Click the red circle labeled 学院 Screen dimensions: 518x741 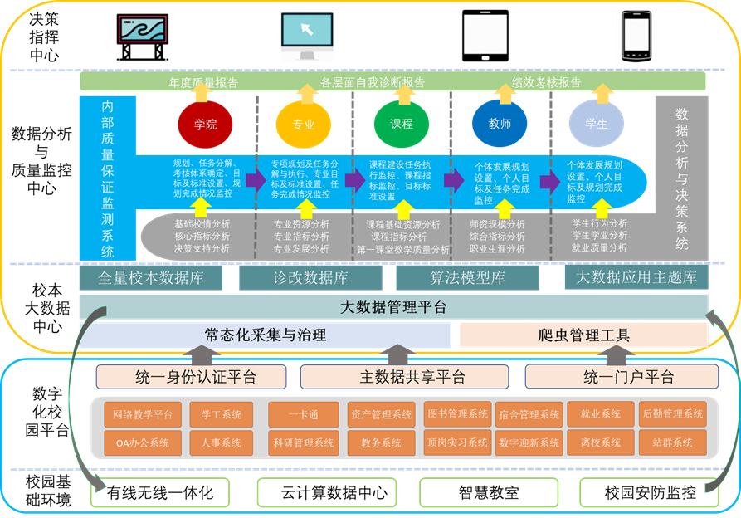pyautogui.click(x=205, y=125)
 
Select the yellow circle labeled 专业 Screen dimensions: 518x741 pyautogui.click(x=303, y=125)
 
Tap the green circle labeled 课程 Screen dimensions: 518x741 pyautogui.click(x=401, y=125)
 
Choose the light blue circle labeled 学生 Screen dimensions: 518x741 pyautogui.click(x=596, y=125)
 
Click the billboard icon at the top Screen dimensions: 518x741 pyautogui.click(x=140, y=37)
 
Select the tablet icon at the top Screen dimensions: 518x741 pyautogui.click(x=486, y=36)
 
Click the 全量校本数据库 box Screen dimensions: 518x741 pyautogui.click(x=150, y=277)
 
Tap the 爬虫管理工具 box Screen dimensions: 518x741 pyautogui.click(x=583, y=335)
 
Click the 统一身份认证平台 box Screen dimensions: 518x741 pyautogui.click(x=196, y=377)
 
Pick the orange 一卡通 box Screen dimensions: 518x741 pyautogui.click(x=304, y=414)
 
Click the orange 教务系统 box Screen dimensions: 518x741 pyautogui.click(x=381, y=443)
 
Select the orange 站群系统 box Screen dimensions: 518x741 pyautogui.click(x=673, y=443)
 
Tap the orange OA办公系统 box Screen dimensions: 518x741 pyautogui.click(x=140, y=443)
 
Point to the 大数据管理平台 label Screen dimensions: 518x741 pyautogui.click(x=393, y=307)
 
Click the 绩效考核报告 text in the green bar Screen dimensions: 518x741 pyautogui.click(x=546, y=82)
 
